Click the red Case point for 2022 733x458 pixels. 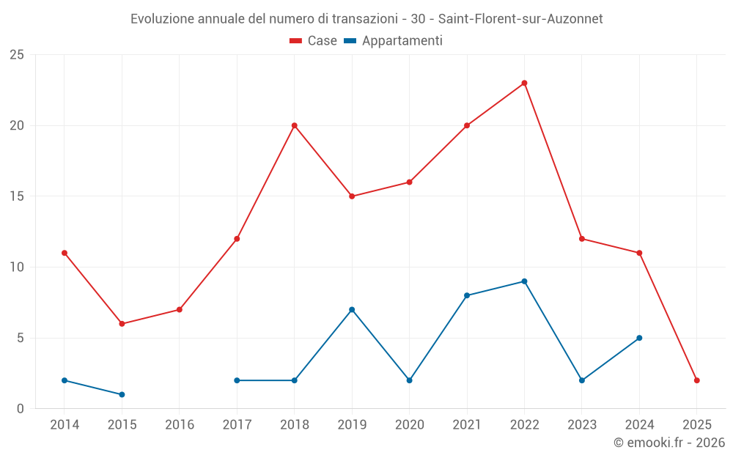[x=524, y=83]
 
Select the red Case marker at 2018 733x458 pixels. [x=295, y=125]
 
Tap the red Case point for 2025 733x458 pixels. [x=696, y=380]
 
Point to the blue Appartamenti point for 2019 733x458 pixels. [x=352, y=309]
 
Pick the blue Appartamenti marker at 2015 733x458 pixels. [x=122, y=394]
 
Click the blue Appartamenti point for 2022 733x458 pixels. [x=524, y=281]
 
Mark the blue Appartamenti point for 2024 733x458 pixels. [x=639, y=338]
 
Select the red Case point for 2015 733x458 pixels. [x=122, y=324]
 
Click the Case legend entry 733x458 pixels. [x=314, y=41]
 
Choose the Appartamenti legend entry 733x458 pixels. [x=394, y=41]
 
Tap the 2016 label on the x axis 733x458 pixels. [x=180, y=425]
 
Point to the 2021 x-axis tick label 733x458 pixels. [x=467, y=425]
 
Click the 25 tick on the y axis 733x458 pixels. [x=17, y=55]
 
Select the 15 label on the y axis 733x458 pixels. [x=17, y=196]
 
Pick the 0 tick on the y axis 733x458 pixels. [x=21, y=409]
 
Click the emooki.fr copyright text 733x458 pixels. [x=668, y=443]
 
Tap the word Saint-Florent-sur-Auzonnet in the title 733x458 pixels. [x=520, y=19]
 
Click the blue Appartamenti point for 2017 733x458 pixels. [x=237, y=380]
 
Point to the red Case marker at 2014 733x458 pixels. [x=65, y=253]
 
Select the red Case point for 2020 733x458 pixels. [x=409, y=182]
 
